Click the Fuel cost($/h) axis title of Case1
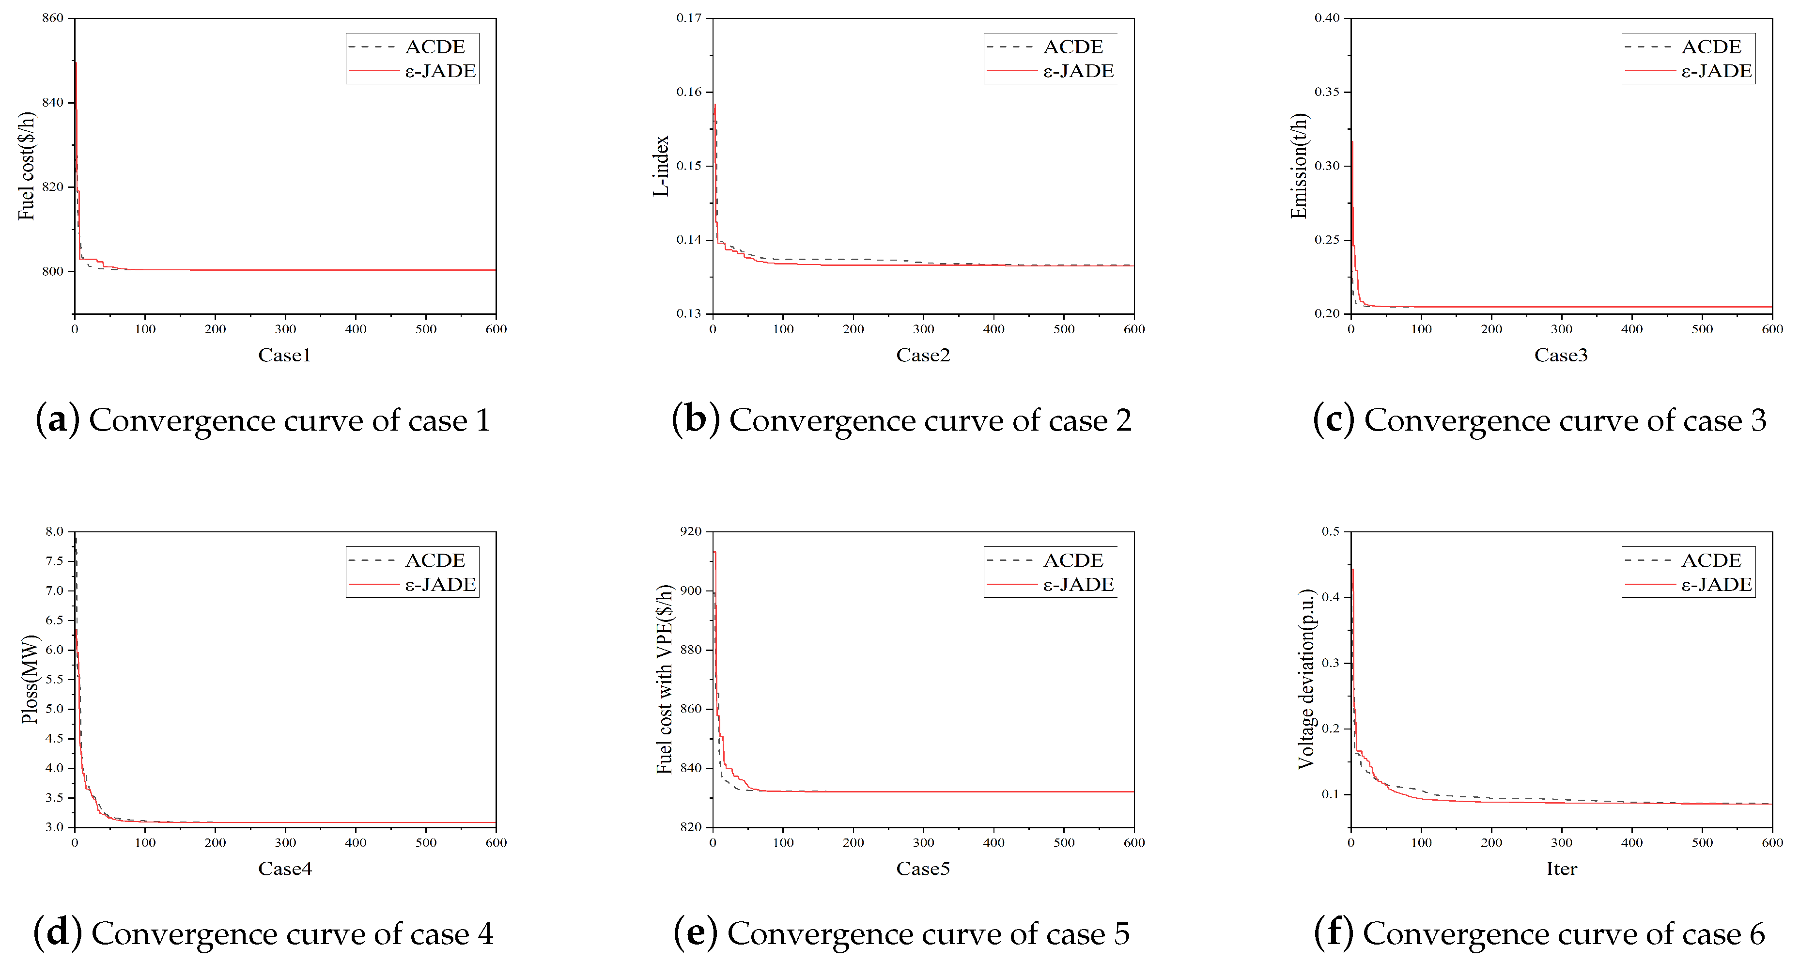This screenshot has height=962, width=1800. tap(27, 166)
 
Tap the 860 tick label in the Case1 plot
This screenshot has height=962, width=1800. tap(52, 18)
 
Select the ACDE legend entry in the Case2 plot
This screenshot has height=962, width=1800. tap(1072, 47)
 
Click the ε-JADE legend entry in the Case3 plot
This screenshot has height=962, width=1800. tap(1715, 71)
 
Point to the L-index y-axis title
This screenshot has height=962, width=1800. tap(661, 166)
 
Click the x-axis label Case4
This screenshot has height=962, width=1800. tap(284, 869)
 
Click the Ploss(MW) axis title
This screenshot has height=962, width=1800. tap(30, 679)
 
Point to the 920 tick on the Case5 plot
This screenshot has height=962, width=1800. tap(690, 532)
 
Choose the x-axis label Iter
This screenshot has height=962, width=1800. tap(1561, 869)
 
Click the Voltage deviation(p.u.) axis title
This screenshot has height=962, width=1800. tap(1305, 679)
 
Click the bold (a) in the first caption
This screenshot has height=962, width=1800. tap(57, 420)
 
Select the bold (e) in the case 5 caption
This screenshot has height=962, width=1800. tap(695, 933)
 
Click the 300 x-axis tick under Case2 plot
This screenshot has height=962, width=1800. tap(923, 329)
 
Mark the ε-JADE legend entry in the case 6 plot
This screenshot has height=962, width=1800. tap(1715, 585)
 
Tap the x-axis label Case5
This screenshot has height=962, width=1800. tap(922, 869)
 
